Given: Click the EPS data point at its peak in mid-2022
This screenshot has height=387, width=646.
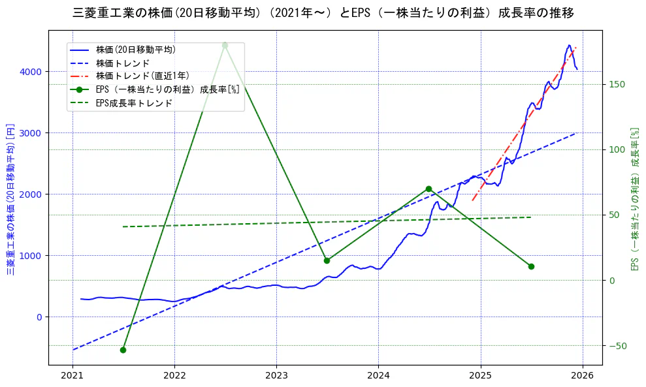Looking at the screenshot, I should point(225,45).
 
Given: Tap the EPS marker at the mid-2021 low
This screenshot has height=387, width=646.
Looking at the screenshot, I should point(123,350).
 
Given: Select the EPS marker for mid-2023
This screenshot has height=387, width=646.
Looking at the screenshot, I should point(327,260).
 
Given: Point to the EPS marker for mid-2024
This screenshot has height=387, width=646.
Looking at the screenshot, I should point(428,189).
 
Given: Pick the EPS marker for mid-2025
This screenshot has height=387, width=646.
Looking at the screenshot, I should point(531,266).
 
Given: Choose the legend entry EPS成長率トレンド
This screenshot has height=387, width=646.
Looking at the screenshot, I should point(134,103).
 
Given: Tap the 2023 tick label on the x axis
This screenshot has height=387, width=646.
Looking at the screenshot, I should point(276,376).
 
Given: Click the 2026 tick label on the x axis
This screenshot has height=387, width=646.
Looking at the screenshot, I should point(583,376).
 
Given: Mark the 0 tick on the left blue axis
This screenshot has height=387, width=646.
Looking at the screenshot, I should point(39,317).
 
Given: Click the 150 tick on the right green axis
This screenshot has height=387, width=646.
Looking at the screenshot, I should point(617,84).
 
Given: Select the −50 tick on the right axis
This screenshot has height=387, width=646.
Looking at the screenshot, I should point(617,345).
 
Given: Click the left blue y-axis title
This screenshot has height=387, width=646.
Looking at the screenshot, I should point(10,198).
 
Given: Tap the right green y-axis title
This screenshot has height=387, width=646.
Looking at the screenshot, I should point(634,198).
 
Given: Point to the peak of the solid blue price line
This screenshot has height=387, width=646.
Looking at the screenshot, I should point(569,46).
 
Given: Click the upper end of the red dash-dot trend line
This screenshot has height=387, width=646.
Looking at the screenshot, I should point(576,48).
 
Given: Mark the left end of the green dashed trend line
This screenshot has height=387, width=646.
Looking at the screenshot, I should point(123,226).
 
